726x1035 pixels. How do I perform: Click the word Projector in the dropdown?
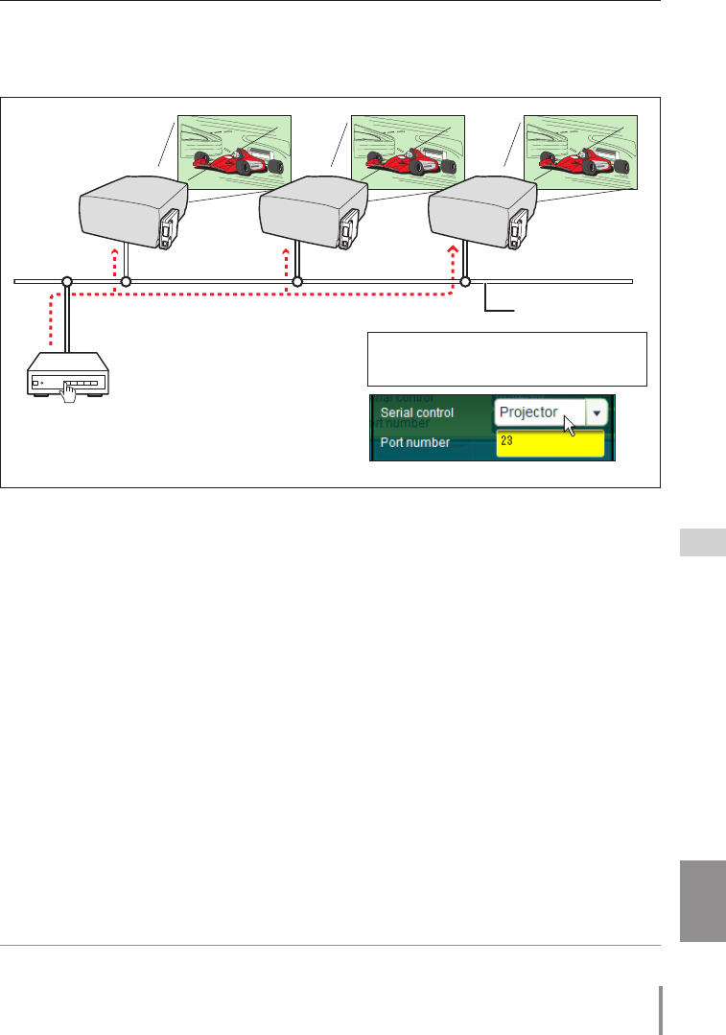tap(528, 412)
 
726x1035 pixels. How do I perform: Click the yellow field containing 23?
tap(550, 442)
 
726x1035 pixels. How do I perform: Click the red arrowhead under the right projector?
tap(455, 248)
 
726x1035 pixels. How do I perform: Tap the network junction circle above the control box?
tap(67, 282)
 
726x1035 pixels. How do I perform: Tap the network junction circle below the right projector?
tap(466, 282)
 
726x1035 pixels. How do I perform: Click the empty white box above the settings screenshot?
tap(507, 358)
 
